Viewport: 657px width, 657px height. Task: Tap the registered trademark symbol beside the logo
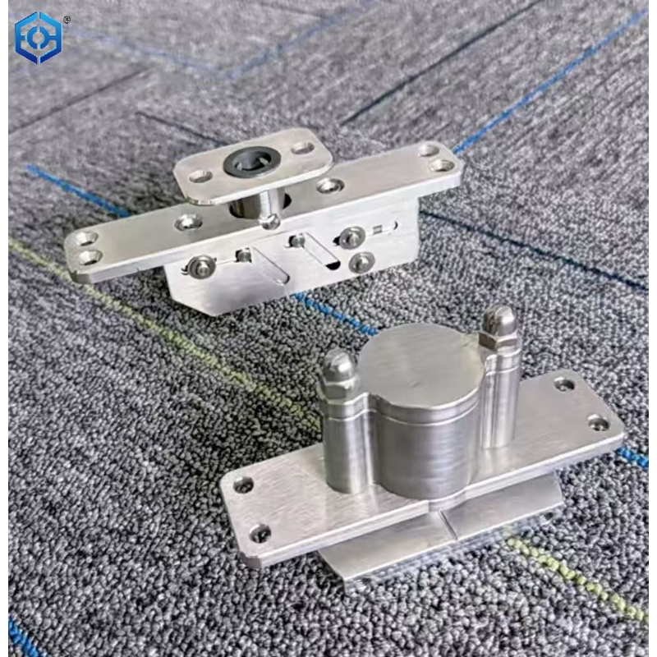coord(67,18)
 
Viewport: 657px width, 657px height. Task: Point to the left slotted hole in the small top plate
coord(200,174)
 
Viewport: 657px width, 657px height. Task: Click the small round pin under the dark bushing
coord(270,220)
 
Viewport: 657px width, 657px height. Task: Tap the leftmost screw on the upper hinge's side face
coord(200,265)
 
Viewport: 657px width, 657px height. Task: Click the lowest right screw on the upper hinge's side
coord(361,262)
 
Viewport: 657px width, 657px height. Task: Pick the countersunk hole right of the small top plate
coord(330,186)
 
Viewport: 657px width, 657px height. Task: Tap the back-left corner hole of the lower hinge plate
coord(243,485)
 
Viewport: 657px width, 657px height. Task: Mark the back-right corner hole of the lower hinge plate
coord(564,384)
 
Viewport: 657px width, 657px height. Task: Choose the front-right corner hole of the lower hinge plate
coord(599,422)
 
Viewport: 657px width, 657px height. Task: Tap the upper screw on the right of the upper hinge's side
coord(352,237)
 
